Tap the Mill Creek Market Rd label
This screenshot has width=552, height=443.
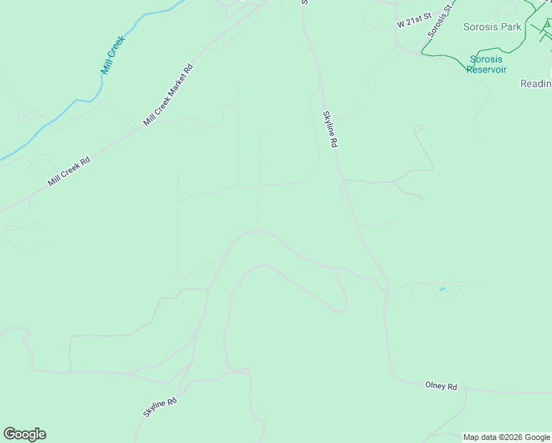(168, 95)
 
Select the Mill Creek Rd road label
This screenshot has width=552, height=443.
(69, 171)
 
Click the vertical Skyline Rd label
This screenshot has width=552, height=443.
(329, 130)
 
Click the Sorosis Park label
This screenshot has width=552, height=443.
(492, 27)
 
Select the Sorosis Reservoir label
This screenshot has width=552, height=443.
(488, 64)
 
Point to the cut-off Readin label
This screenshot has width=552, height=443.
(536, 83)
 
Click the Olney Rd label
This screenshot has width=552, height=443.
(441, 386)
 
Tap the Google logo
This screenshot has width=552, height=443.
(24, 434)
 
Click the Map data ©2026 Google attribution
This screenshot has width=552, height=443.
(506, 437)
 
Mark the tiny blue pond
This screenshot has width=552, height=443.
(442, 289)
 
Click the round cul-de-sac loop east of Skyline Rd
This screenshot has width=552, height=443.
(418, 128)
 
